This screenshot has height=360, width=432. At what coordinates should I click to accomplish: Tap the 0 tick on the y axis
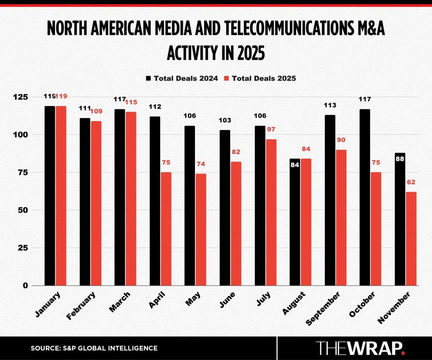(37, 285)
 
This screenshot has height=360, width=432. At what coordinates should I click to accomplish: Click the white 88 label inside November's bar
(400, 159)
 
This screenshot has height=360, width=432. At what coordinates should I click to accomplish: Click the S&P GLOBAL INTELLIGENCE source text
(94, 348)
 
